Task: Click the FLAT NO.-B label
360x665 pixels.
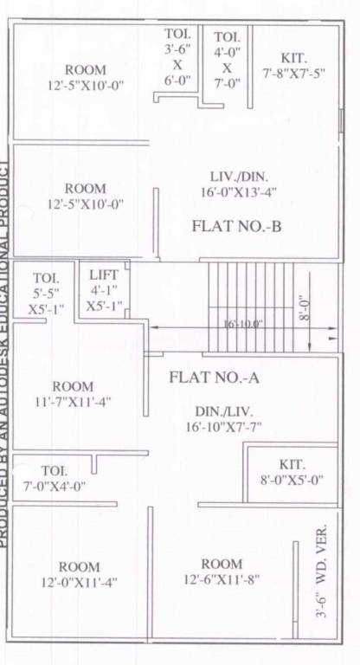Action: point(238,227)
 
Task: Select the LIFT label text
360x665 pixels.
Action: point(104,275)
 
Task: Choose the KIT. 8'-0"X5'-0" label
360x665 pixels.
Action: point(292,472)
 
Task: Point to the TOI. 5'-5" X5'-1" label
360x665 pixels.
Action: point(45,294)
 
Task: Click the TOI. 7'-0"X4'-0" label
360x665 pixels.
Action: point(53,478)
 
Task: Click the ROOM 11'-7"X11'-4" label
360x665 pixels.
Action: point(73,394)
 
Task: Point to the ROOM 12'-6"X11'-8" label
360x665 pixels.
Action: point(222,571)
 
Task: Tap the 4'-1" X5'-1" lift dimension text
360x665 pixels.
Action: point(104,298)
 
